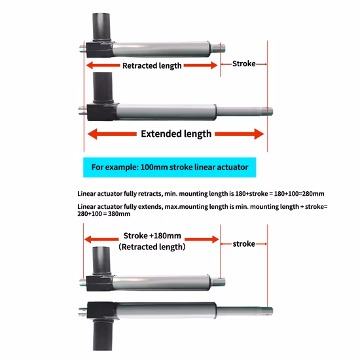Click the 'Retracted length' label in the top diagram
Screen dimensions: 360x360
tap(152, 65)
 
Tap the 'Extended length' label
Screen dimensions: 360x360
tap(176, 134)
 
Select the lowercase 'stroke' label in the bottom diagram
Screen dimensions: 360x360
tap(243, 244)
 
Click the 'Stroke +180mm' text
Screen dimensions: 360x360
tap(152, 236)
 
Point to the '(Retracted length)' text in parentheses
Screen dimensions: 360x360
tap(152, 247)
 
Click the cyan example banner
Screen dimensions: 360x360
tap(170, 167)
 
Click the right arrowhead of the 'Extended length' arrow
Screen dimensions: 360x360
tap(258, 134)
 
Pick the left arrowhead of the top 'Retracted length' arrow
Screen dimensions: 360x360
tap(90, 65)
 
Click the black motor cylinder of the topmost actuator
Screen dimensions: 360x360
tap(102, 26)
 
